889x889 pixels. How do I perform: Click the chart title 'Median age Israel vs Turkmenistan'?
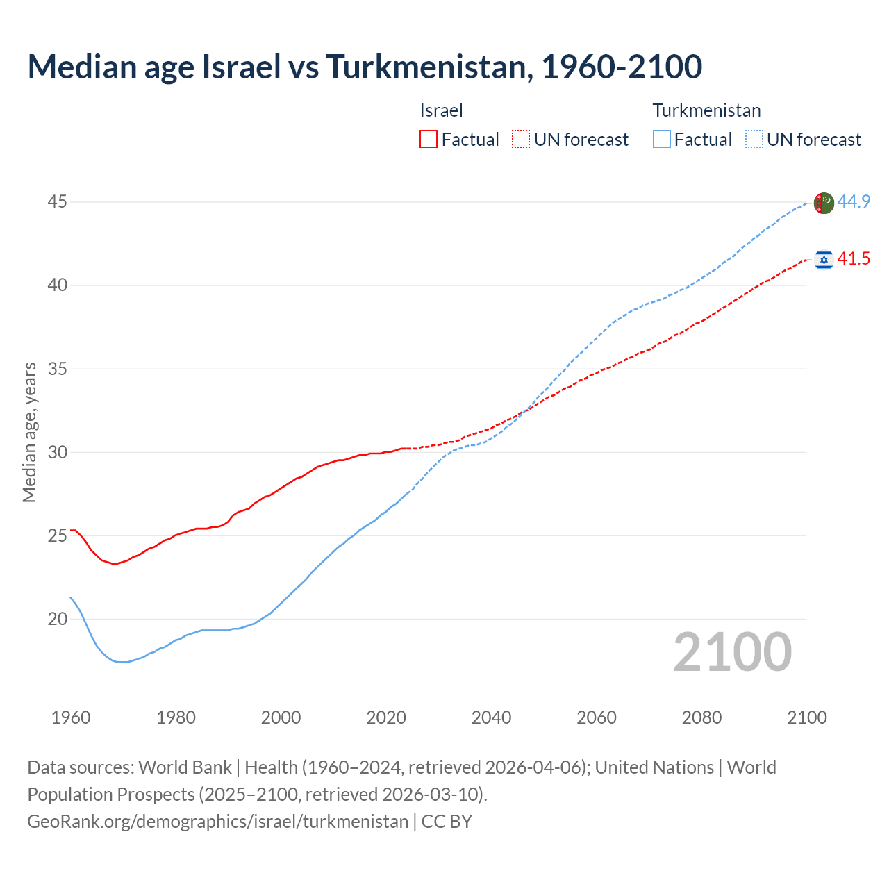click(x=365, y=67)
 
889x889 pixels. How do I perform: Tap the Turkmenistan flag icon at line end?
click(x=823, y=203)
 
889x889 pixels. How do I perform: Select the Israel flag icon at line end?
click(x=824, y=260)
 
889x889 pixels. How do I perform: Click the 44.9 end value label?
click(x=854, y=202)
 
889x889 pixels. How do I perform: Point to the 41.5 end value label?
click(x=854, y=259)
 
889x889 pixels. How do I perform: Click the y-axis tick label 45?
click(x=57, y=202)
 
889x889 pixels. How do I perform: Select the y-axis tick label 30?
click(x=57, y=452)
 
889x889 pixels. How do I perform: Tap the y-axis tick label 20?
click(x=57, y=619)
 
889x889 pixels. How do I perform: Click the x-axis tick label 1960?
click(x=71, y=717)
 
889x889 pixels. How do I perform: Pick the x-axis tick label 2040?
click(x=491, y=717)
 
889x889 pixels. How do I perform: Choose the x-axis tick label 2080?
click(x=701, y=717)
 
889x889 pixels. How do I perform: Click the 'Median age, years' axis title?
click(x=29, y=432)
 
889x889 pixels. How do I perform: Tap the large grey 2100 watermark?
click(x=732, y=652)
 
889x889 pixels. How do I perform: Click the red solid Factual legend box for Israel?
click(x=429, y=140)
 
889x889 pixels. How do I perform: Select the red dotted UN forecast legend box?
click(x=521, y=140)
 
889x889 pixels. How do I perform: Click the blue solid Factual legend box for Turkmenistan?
click(x=662, y=140)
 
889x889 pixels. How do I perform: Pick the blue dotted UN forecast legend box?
click(x=754, y=140)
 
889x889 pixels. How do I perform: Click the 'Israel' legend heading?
click(x=441, y=110)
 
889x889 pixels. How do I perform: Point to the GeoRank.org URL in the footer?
click(x=217, y=822)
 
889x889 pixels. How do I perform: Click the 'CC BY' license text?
click(x=447, y=822)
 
